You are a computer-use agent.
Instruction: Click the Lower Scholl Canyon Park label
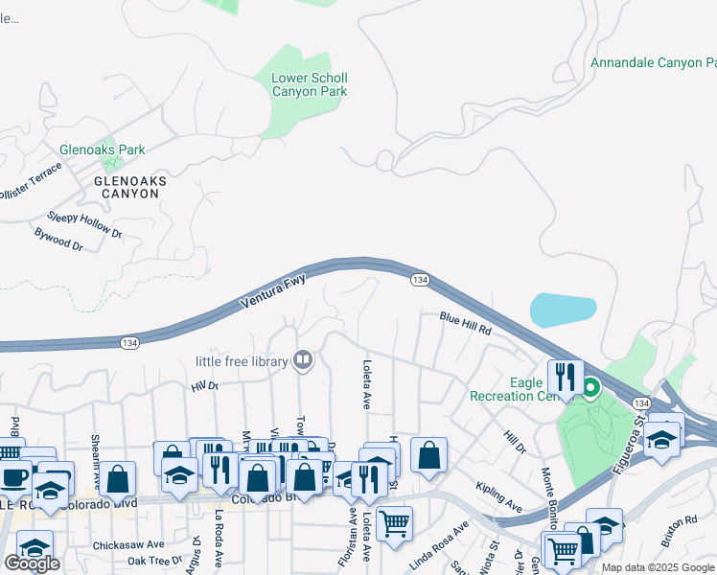(x=309, y=84)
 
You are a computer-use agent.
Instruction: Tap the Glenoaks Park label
(x=103, y=149)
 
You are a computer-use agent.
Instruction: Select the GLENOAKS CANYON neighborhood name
(x=127, y=187)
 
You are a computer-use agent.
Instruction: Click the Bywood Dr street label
(x=58, y=240)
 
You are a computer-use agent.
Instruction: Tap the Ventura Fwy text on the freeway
(x=273, y=292)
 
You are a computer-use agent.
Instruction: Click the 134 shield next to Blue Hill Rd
(x=419, y=279)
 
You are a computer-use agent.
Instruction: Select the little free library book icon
(x=303, y=361)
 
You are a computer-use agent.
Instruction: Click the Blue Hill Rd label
(x=466, y=322)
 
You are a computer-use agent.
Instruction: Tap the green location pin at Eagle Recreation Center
(x=591, y=388)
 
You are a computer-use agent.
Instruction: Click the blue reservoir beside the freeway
(x=566, y=310)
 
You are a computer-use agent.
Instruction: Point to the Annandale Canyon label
(x=653, y=62)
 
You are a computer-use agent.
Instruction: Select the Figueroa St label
(x=635, y=445)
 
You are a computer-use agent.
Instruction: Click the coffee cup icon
(x=14, y=476)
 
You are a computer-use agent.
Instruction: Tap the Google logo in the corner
(x=32, y=563)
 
